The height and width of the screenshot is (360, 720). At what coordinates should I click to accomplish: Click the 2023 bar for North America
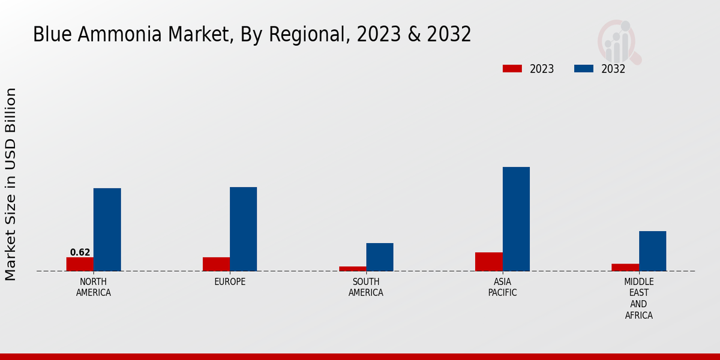(80, 264)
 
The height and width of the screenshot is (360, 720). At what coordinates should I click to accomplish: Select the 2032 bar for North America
(107, 230)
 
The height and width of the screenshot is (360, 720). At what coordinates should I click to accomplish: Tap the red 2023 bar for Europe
(216, 264)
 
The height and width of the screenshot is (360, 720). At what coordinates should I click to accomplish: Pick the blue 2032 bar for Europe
(243, 229)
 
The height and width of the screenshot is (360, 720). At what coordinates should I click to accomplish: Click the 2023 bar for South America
(352, 268)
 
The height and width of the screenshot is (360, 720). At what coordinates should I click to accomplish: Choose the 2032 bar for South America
(380, 257)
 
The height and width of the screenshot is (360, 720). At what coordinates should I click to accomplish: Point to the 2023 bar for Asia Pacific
(488, 262)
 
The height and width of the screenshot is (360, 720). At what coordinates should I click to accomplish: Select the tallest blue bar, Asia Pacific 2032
(516, 219)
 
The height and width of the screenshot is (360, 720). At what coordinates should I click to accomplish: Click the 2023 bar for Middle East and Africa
(625, 267)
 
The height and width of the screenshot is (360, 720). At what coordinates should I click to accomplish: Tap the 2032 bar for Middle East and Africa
(652, 251)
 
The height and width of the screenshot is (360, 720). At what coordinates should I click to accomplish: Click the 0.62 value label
(80, 253)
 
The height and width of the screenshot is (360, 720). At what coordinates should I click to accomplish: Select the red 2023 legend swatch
(512, 68)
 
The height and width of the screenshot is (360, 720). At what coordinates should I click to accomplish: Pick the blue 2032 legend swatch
(583, 68)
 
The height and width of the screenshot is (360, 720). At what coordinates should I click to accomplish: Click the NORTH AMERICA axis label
(93, 287)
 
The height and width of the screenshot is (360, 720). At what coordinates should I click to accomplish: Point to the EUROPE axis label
(230, 282)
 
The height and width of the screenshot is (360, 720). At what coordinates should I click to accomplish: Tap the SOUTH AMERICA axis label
(366, 287)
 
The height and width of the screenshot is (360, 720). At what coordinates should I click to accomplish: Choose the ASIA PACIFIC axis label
(502, 287)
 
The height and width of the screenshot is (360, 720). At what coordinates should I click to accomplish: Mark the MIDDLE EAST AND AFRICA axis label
(638, 298)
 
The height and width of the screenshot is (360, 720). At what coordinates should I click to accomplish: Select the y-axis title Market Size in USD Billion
(11, 184)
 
